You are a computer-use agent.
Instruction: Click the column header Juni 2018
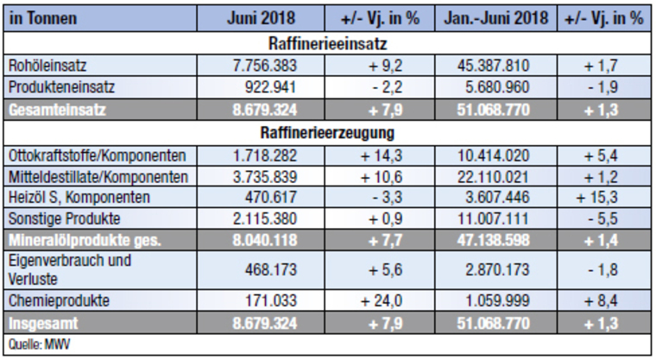point(263,18)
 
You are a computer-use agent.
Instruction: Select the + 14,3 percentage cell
point(382,155)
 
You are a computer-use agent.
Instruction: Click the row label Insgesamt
point(43,325)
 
